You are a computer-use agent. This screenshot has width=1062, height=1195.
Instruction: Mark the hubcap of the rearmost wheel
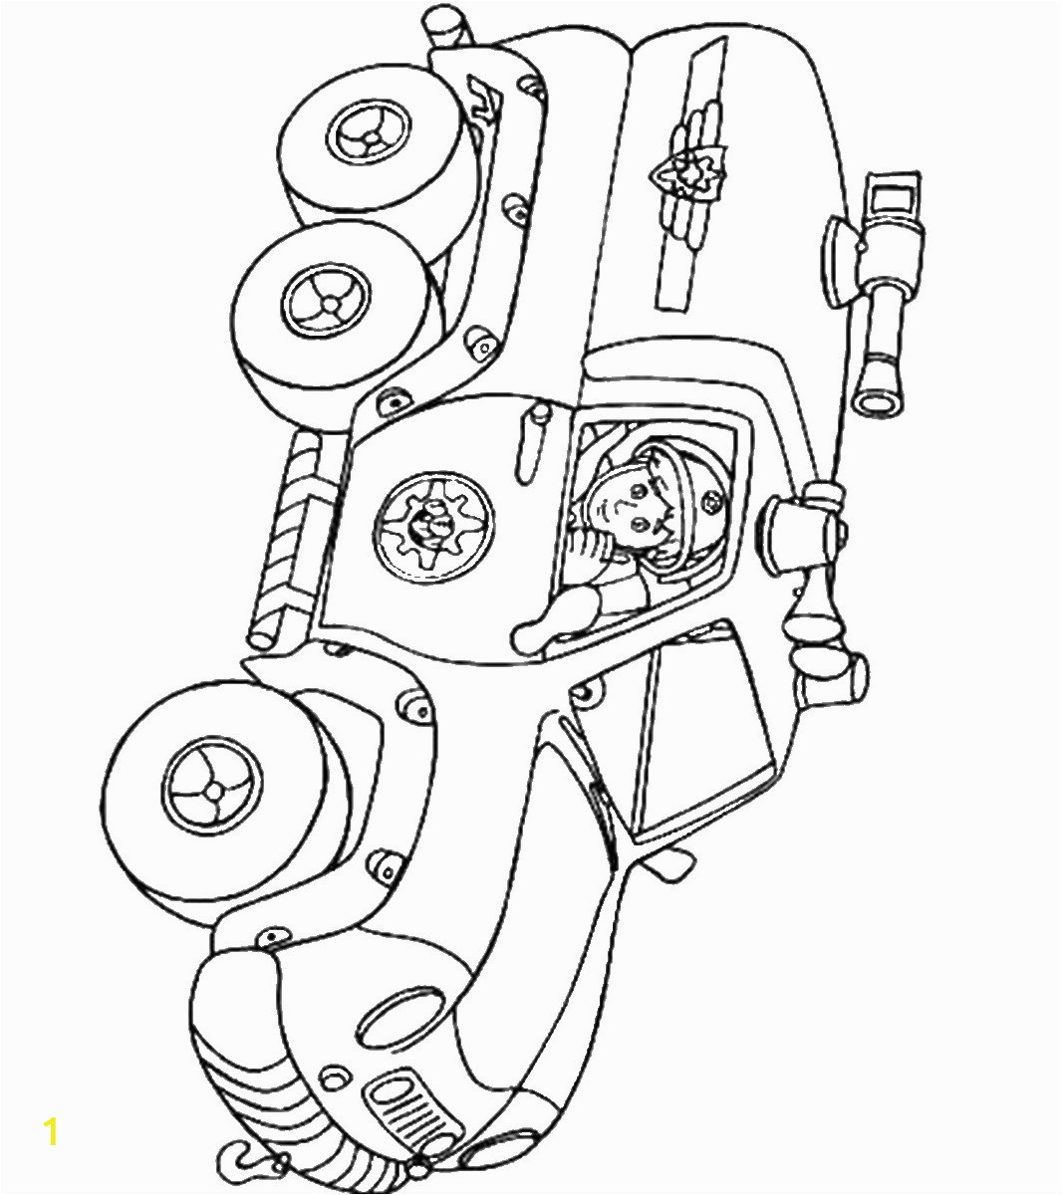tap(369, 134)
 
